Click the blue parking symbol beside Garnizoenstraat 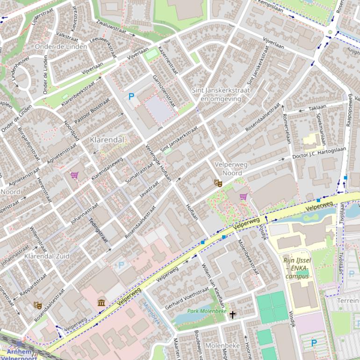pyautogui.click(x=131, y=97)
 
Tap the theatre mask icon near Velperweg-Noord pyautogui.click(x=217, y=183)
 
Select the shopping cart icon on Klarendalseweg pyautogui.click(x=74, y=175)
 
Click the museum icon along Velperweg pyautogui.click(x=101, y=302)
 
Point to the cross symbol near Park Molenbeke pyautogui.click(x=232, y=315)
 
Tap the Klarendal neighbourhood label pyautogui.click(x=108, y=140)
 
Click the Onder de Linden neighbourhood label pyautogui.click(x=61, y=47)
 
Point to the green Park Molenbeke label pyautogui.click(x=207, y=311)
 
